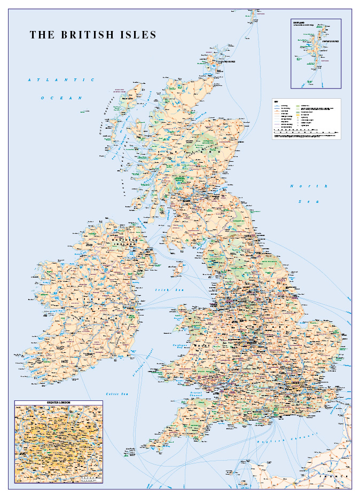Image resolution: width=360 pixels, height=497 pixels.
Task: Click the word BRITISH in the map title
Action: point(88,35)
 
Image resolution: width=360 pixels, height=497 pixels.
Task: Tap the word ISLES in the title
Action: point(138,35)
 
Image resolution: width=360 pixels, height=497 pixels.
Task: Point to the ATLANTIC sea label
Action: point(57,80)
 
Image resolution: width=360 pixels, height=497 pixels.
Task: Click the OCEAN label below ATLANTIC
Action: point(61,98)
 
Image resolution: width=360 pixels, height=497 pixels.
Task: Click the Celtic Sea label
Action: point(118,394)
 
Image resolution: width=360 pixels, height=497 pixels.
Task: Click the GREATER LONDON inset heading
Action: point(58,403)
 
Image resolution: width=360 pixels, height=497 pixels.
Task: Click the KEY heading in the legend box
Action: point(276,101)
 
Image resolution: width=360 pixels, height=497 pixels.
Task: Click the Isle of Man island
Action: point(180,269)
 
